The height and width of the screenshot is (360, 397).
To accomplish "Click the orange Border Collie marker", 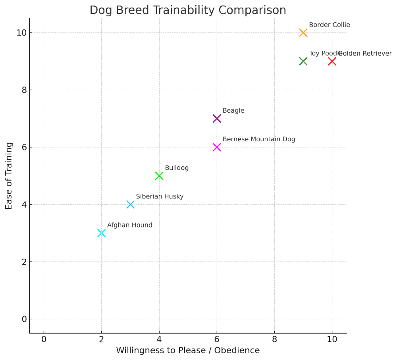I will click(303, 33).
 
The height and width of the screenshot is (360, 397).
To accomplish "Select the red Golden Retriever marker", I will click(332, 61).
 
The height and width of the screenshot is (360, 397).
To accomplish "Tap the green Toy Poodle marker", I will click(303, 61).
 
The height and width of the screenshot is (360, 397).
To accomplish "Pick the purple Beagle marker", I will click(217, 119).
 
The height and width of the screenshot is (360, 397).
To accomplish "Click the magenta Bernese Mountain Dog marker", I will click(217, 147).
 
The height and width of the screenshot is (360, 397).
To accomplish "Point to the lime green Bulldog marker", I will click(159, 176).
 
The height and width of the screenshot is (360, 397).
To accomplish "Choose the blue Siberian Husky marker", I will click(130, 204).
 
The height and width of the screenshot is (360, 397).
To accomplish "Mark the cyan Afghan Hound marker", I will click(101, 233).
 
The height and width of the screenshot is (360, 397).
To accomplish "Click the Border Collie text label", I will click(329, 25).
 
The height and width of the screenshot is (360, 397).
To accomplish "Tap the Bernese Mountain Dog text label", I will click(259, 139).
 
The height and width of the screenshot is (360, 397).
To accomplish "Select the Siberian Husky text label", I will click(160, 196).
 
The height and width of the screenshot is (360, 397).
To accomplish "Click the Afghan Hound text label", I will click(129, 225).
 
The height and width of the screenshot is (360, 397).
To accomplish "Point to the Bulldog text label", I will click(177, 168).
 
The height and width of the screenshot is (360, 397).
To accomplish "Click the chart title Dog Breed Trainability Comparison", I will click(188, 10).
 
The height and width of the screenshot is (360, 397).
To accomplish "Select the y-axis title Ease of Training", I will click(9, 176).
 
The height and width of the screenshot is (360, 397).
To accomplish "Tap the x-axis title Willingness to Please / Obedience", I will click(188, 350).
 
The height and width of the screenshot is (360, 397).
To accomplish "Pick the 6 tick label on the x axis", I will click(217, 339).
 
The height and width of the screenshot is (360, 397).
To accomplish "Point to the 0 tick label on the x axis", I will click(44, 339).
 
